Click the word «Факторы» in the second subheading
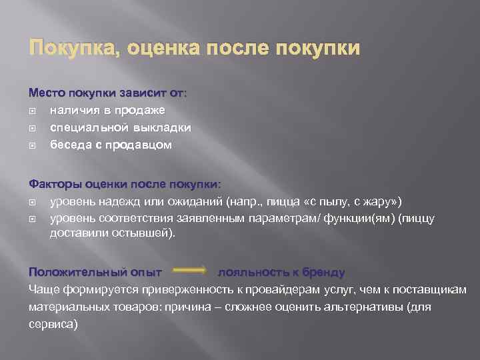point(53,183)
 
